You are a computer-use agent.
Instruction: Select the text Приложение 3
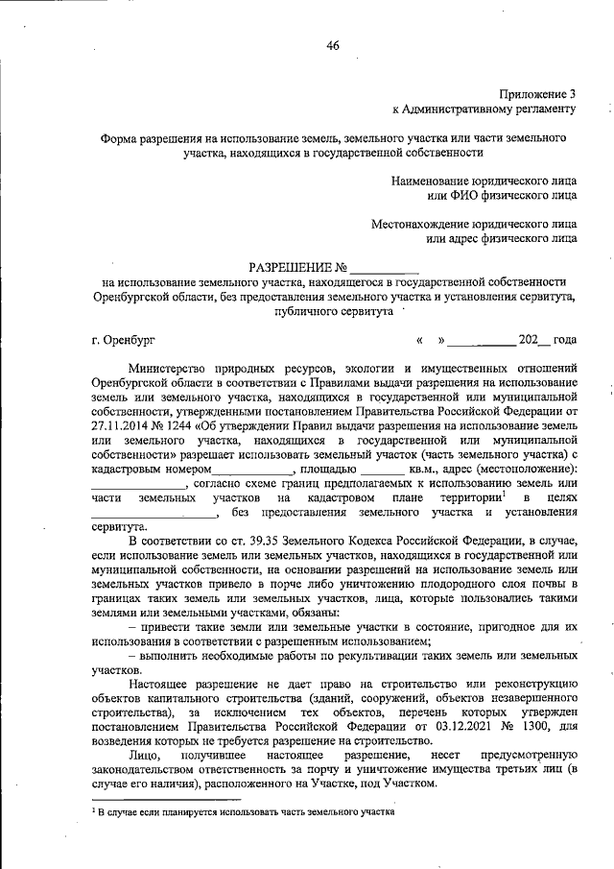click(x=538, y=93)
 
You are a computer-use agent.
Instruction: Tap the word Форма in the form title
click(x=122, y=138)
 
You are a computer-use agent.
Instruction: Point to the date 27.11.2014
click(x=123, y=425)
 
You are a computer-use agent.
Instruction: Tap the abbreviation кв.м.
click(x=425, y=469)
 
